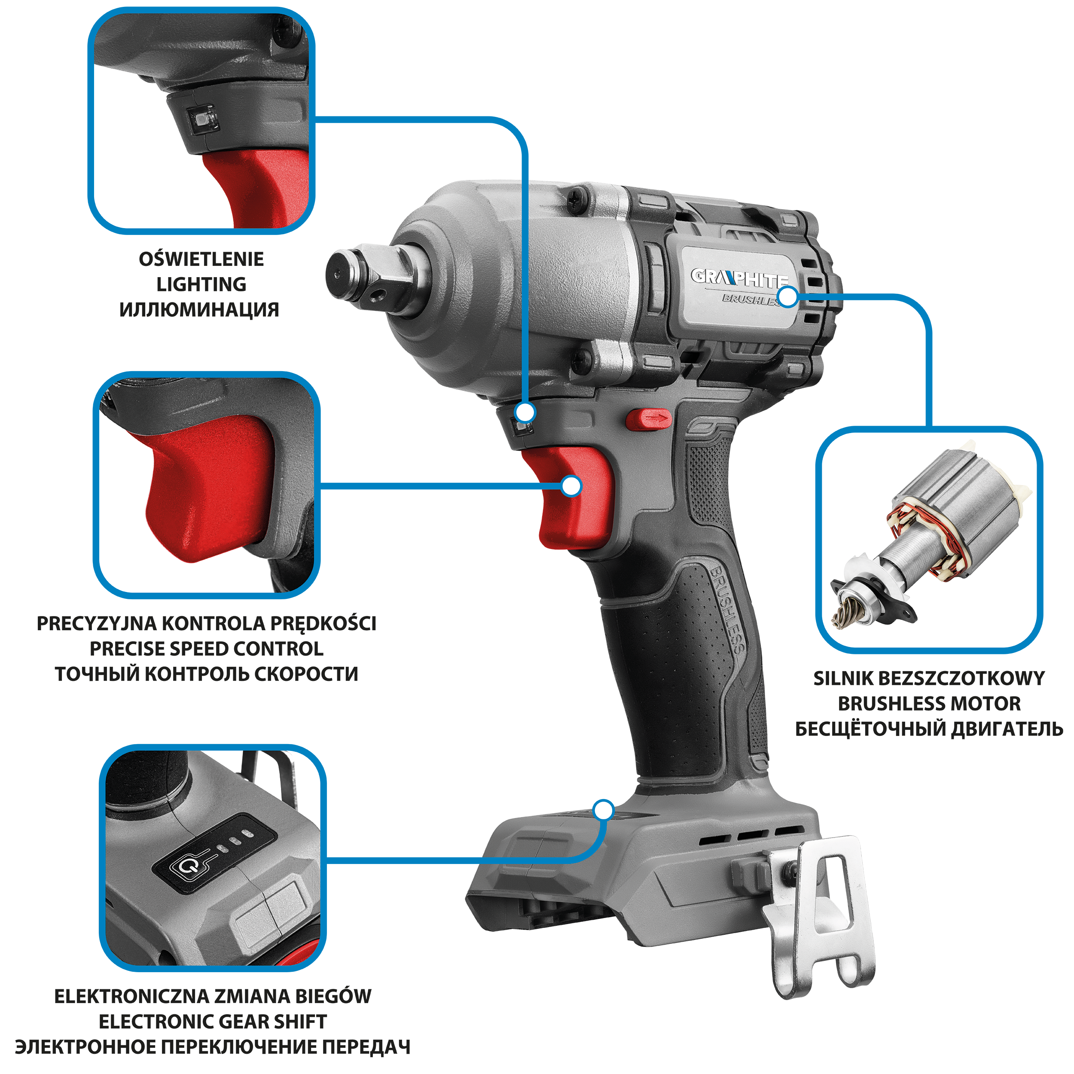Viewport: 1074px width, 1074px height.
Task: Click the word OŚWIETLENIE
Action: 201,259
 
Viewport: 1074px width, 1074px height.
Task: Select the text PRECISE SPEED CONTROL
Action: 206,649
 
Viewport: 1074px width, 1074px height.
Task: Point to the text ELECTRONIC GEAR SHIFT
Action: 213,1022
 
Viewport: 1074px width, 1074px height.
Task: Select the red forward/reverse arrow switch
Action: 649,420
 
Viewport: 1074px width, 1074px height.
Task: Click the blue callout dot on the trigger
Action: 571,486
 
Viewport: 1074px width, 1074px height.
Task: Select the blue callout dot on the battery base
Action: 603,810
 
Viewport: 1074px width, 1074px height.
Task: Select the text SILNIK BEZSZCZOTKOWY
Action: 929,678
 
